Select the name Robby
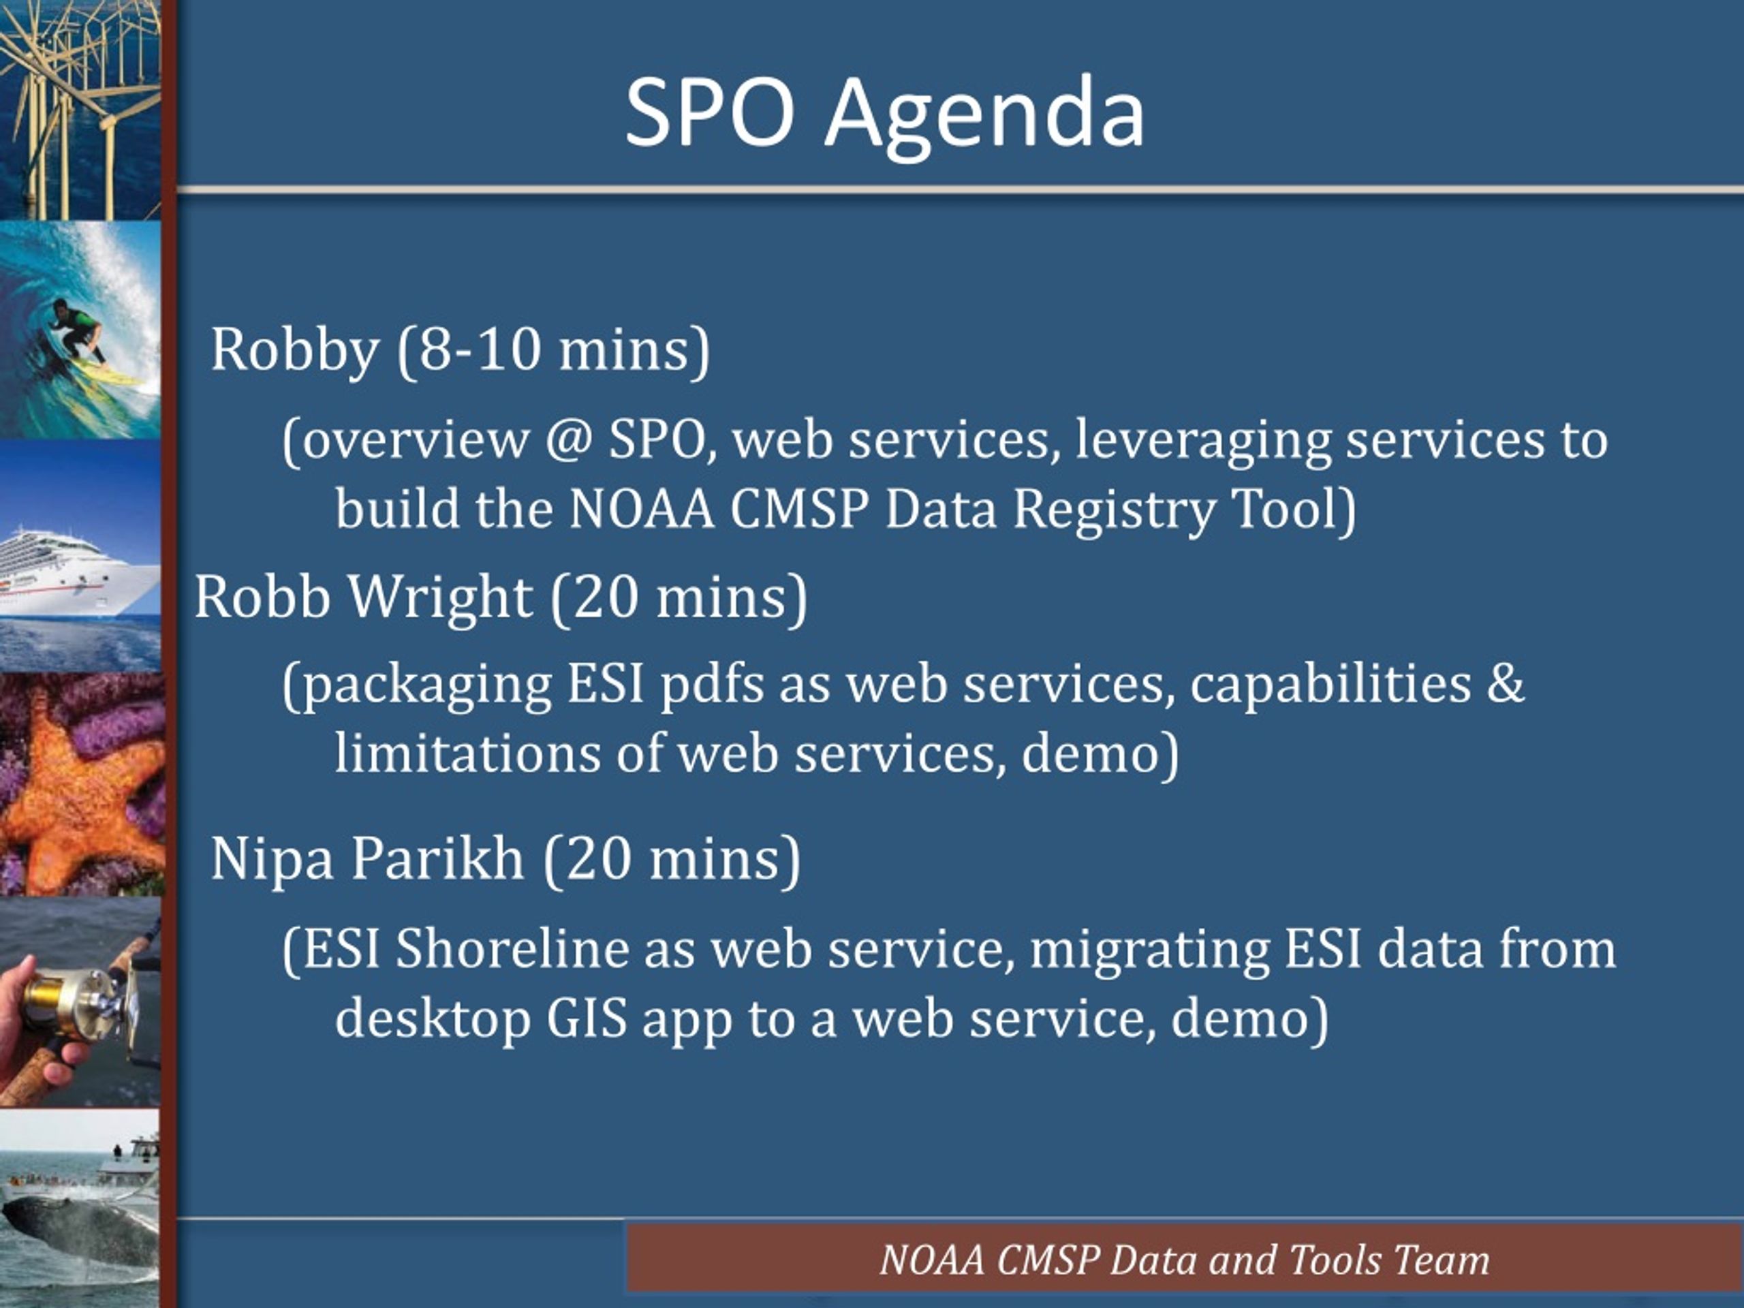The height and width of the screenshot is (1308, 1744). [x=295, y=351]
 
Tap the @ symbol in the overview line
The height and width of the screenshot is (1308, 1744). [x=567, y=439]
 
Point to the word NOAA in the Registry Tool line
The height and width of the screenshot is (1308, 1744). [x=641, y=508]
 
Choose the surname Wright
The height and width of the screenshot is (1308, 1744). [x=441, y=598]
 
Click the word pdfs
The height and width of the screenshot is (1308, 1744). [x=712, y=685]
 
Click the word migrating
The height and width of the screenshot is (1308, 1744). [x=1149, y=951]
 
